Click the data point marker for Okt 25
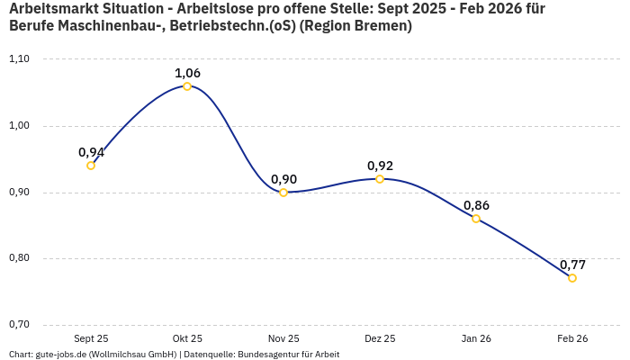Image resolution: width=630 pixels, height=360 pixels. point(187,86)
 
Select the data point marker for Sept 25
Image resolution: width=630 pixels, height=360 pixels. point(91,166)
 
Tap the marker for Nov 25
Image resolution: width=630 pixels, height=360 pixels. point(283,193)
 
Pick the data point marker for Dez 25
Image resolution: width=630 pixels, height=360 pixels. point(380,179)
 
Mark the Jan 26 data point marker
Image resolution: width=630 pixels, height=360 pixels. point(476,219)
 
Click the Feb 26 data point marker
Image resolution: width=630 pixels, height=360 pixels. point(572,278)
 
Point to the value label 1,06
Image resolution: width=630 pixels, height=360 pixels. point(187,73)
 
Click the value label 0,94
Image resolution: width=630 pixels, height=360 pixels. point(91,152)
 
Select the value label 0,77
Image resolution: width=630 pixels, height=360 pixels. point(572,265)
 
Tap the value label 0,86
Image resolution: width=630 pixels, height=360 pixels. point(476,205)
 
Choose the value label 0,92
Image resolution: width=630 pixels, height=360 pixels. point(380,166)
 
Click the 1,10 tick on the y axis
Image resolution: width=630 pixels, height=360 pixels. point(19,59)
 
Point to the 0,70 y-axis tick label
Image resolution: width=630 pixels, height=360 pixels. point(19,325)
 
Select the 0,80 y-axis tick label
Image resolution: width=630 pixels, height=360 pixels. point(19,258)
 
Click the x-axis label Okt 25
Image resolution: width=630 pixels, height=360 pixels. point(187,338)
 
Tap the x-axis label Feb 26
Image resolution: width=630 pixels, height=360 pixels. point(572,338)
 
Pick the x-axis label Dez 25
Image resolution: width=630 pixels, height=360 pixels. point(380,338)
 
